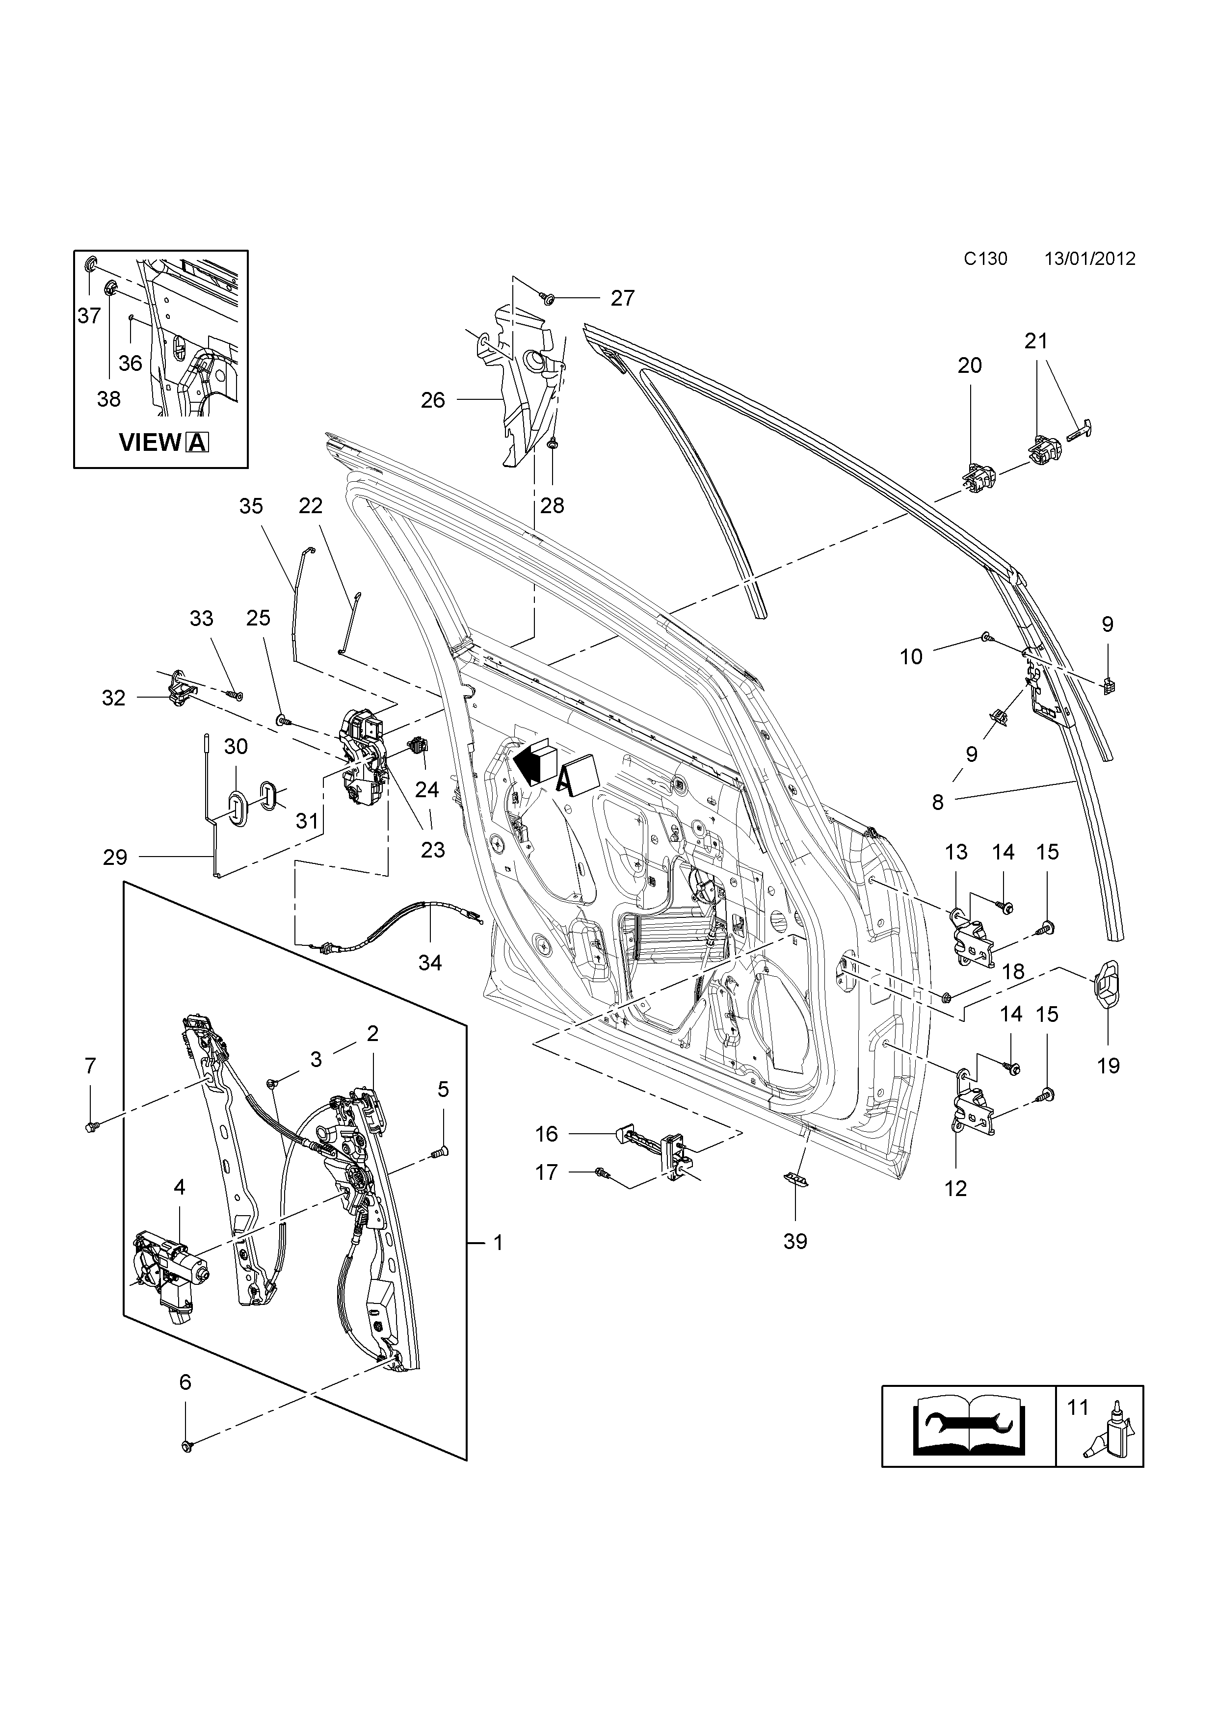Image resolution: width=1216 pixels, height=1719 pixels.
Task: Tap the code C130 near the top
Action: tap(985, 259)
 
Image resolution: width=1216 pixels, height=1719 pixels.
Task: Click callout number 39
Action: tap(795, 1241)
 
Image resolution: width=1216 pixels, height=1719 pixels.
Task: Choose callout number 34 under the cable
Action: tap(430, 962)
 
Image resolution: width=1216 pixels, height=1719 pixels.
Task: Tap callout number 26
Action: tap(433, 400)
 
